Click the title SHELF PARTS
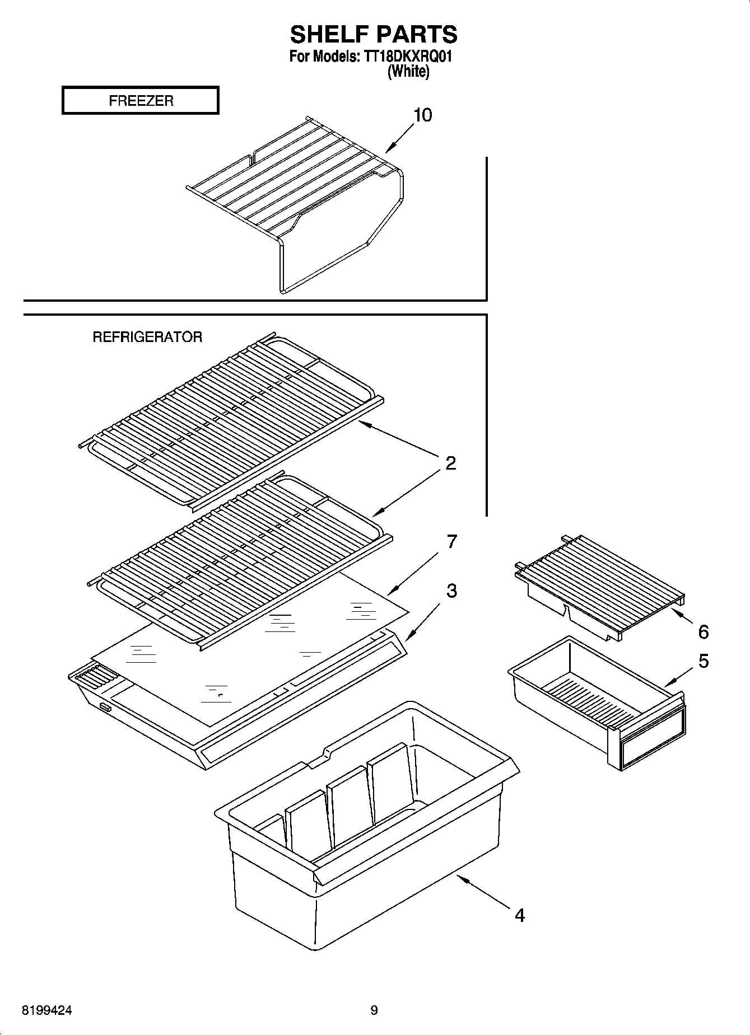(374, 35)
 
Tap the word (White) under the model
(408, 72)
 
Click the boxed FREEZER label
(141, 101)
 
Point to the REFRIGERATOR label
(147, 337)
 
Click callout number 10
(422, 115)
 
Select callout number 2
(450, 463)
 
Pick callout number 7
(451, 541)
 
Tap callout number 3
(451, 591)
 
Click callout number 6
(703, 632)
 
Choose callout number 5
(704, 661)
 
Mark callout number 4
(519, 916)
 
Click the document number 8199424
(47, 1010)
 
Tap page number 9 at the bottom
(374, 1010)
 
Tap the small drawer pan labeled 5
(594, 700)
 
